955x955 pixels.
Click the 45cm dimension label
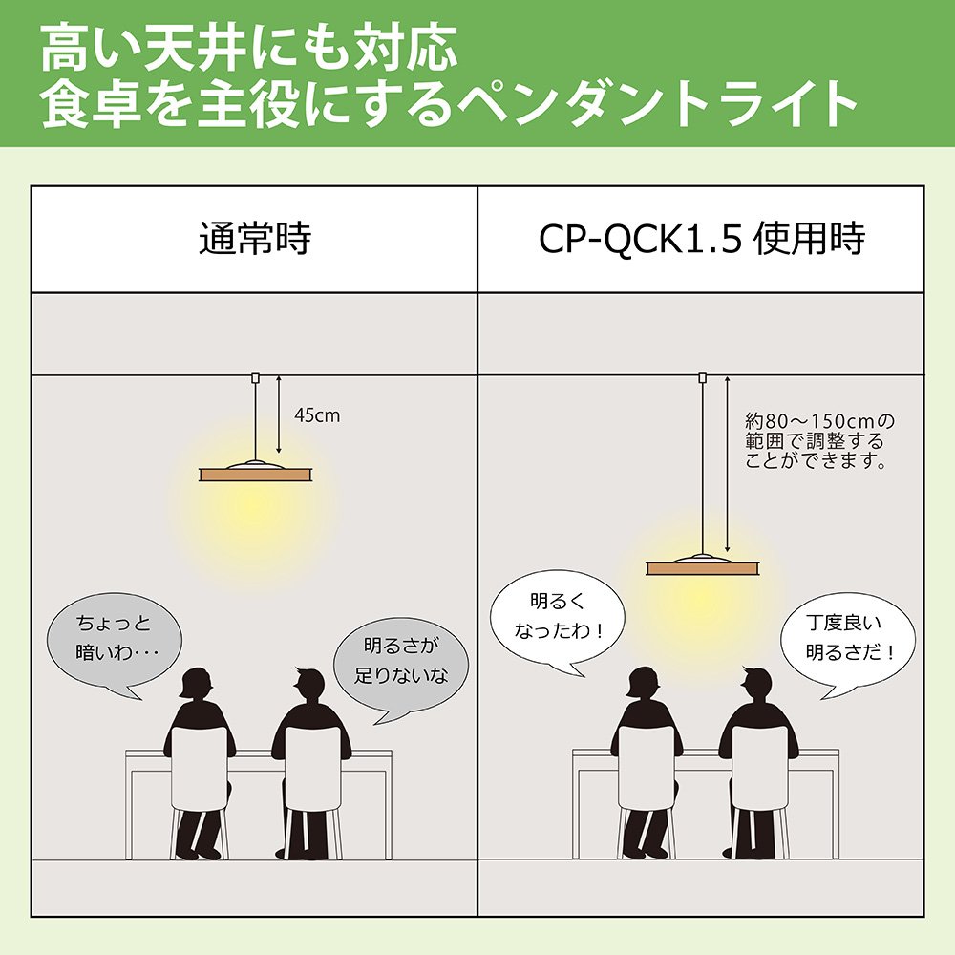click(x=317, y=416)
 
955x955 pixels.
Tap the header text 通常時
click(x=255, y=239)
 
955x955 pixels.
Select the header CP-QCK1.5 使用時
click(x=702, y=239)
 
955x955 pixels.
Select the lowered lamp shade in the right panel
click(x=702, y=564)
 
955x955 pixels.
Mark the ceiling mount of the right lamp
click(x=702, y=377)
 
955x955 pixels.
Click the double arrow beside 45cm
click(x=278, y=414)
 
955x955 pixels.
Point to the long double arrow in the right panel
click(x=727, y=464)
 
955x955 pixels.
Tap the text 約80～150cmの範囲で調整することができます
click(x=819, y=441)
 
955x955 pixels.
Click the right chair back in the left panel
click(x=312, y=768)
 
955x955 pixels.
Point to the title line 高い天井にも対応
click(x=249, y=50)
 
